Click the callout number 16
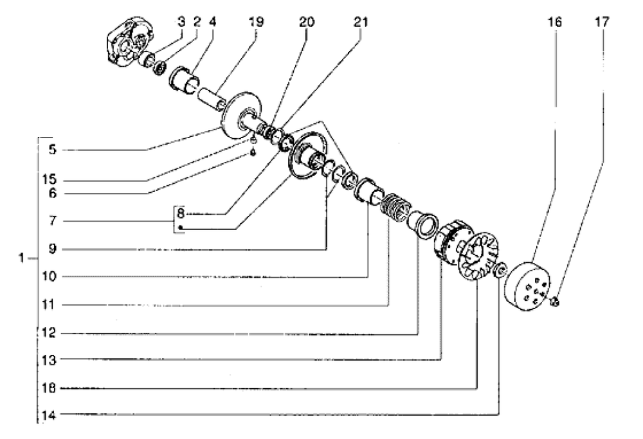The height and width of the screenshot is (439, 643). (555, 22)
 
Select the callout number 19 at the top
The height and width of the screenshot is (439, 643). (256, 22)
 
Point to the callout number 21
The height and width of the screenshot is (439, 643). (361, 22)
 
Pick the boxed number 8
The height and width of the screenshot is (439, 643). (181, 211)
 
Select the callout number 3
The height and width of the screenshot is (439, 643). (182, 22)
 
